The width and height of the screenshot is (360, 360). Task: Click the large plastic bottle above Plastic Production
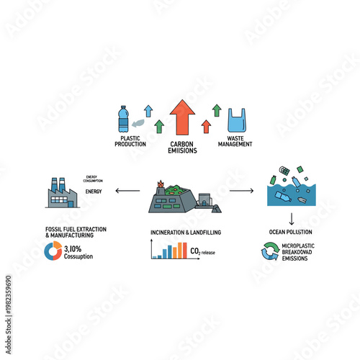pyautogui.click(x=122, y=118)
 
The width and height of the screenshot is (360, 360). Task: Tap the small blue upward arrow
pyautogui.click(x=148, y=110)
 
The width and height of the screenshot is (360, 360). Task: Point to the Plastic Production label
pyautogui.click(x=130, y=141)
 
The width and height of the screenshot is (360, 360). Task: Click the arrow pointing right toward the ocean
pyautogui.click(x=241, y=192)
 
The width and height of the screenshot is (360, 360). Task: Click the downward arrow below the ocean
pyautogui.click(x=292, y=218)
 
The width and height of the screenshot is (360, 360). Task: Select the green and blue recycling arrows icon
pyautogui.click(x=271, y=251)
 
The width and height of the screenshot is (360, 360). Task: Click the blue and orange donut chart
pyautogui.click(x=53, y=251)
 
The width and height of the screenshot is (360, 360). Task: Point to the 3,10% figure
pyautogui.click(x=73, y=248)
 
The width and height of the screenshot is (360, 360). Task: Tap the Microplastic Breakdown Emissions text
pyautogui.click(x=301, y=252)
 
